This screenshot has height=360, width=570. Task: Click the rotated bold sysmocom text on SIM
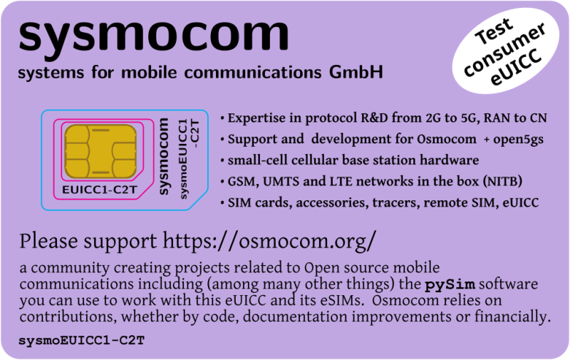163,160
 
